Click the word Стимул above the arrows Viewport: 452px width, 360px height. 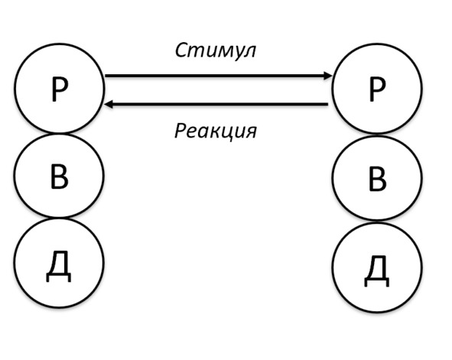click(216, 51)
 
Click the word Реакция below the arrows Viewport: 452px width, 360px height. click(216, 131)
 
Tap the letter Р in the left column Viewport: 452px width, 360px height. click(60, 89)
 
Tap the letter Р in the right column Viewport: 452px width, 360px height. click(377, 89)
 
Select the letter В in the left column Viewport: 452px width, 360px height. click(60, 177)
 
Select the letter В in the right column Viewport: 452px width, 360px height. click(378, 179)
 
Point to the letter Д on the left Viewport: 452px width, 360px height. click(59, 266)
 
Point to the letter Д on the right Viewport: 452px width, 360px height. click(377, 271)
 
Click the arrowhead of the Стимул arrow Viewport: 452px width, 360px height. click(328, 76)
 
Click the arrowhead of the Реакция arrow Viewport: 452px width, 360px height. click(109, 104)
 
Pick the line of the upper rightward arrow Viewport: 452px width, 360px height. click(219, 76)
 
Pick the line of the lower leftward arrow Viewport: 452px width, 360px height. click(216, 104)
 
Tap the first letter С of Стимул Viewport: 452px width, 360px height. click(181, 51)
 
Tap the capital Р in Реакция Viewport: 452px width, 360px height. click(180, 131)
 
